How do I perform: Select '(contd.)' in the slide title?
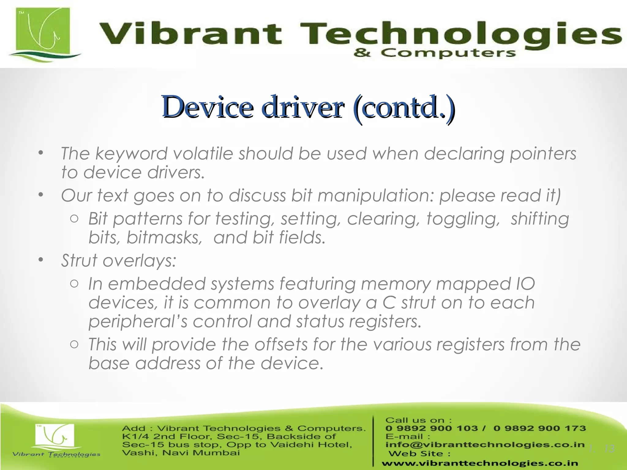point(404,107)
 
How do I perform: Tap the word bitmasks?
point(164,238)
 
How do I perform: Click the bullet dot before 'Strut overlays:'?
point(41,260)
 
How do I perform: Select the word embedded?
point(156,284)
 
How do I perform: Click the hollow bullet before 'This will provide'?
point(74,345)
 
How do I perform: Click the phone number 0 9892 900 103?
point(432,428)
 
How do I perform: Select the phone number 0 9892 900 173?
point(539,428)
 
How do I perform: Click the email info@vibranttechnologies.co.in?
point(485,445)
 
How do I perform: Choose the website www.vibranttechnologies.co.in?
point(480,464)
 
